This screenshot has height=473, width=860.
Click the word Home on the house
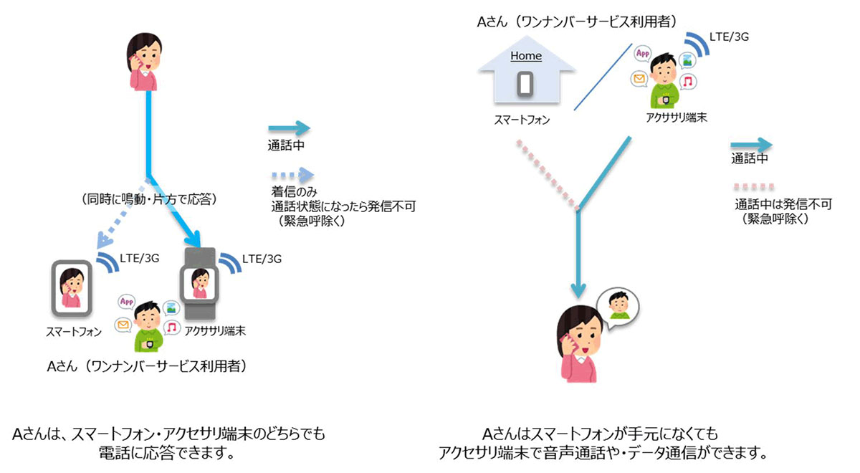(x=525, y=56)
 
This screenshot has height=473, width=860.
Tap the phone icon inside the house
(x=525, y=84)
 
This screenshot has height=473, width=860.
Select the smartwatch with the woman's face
(x=200, y=284)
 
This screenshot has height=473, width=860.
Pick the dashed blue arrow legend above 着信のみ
(x=292, y=174)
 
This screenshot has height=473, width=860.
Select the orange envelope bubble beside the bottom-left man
(x=125, y=327)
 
